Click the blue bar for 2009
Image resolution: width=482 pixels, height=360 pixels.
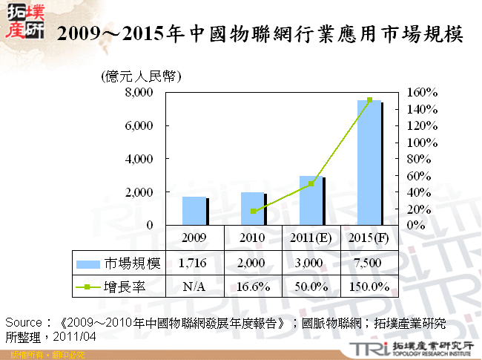pyautogui.click(x=194, y=211)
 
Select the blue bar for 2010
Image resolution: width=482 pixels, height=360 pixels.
pyautogui.click(x=252, y=209)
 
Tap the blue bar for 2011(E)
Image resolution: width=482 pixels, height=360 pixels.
pyautogui.click(x=311, y=200)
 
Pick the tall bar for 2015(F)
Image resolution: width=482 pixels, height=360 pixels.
pyautogui.click(x=369, y=163)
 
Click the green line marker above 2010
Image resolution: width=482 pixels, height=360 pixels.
pyautogui.click(x=253, y=212)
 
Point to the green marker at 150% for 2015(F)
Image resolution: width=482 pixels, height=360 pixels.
pyautogui.click(x=369, y=100)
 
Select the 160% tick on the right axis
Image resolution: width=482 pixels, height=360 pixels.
pyautogui.click(x=423, y=93)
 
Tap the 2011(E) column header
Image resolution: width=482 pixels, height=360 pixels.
pyautogui.click(x=311, y=238)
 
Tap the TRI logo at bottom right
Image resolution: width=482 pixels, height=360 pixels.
pyautogui.click(x=369, y=348)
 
